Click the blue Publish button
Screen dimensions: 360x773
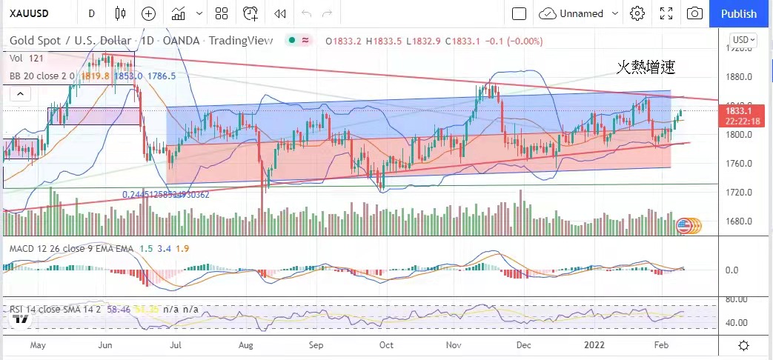tap(738, 13)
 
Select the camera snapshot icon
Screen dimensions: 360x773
tap(694, 13)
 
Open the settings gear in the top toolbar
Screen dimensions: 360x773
tap(637, 13)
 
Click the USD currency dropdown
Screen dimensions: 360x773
tap(743, 40)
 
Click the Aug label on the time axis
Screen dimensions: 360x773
tap(247, 345)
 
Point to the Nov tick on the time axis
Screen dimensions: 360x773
tap(455, 345)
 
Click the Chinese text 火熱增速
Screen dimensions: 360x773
tap(646, 67)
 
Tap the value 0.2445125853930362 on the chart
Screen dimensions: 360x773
tap(165, 195)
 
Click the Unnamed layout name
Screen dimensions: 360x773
tap(581, 13)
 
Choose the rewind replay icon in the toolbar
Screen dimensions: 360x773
tap(279, 13)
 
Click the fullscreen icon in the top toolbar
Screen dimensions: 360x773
tap(666, 13)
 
